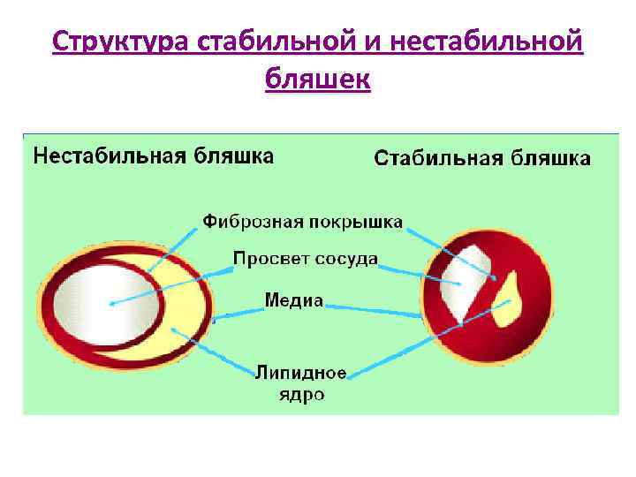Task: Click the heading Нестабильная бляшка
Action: click(153, 156)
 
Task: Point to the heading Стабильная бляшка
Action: click(482, 158)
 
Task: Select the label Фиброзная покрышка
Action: click(303, 220)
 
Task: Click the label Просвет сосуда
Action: click(306, 259)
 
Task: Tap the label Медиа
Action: click(294, 300)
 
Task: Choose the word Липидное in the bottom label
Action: click(301, 373)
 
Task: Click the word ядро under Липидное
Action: click(301, 394)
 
